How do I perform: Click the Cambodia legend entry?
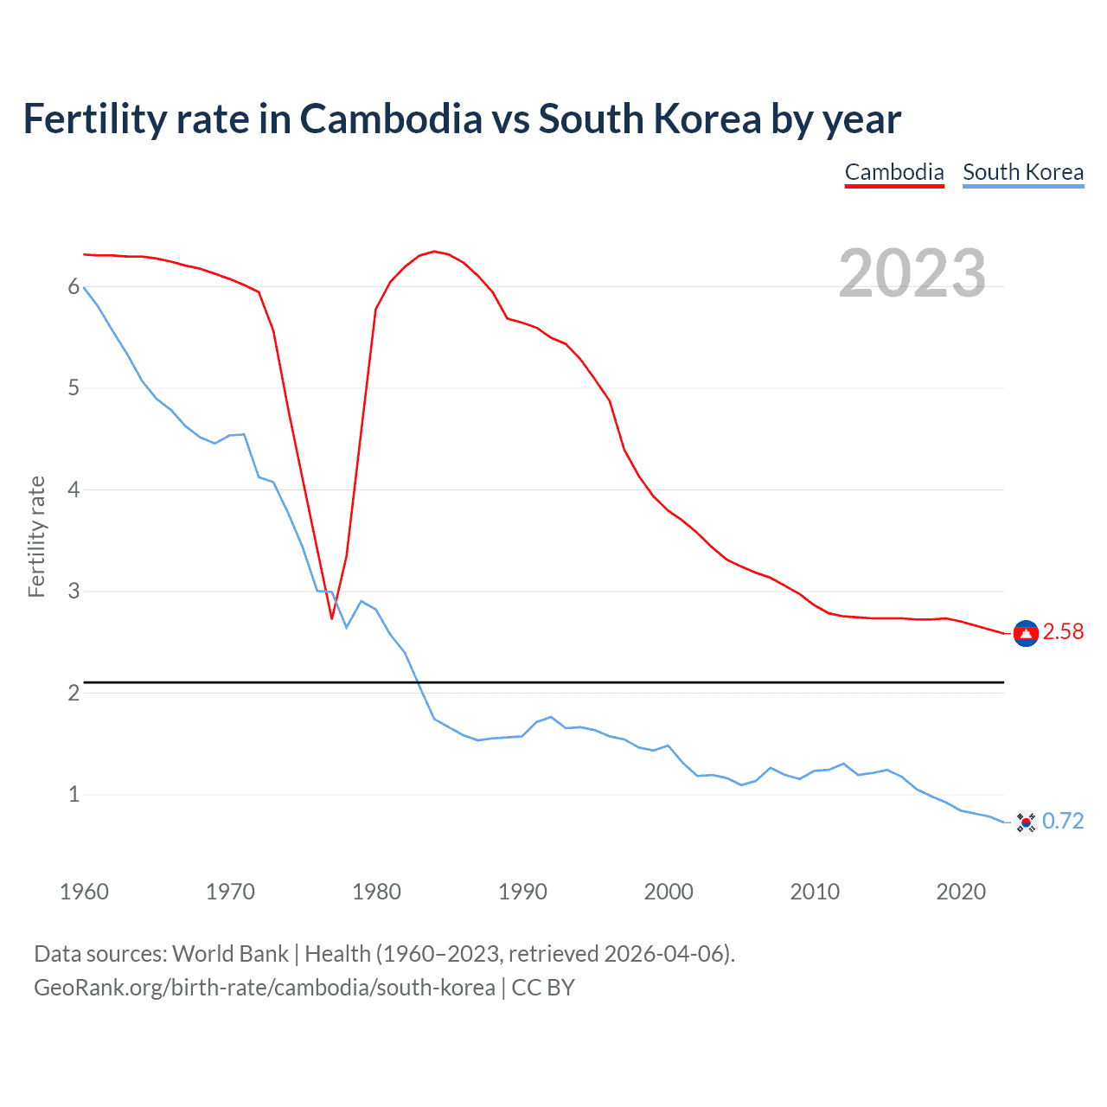(894, 172)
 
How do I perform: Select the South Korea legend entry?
(1023, 172)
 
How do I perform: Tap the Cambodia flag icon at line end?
(1026, 634)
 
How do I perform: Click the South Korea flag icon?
(1026, 822)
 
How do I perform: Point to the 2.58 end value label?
(1063, 632)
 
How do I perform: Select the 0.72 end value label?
(1063, 821)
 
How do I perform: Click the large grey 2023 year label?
(912, 273)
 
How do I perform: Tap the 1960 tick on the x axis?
(84, 892)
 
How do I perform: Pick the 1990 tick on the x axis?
(522, 892)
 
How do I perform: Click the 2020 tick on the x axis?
(961, 892)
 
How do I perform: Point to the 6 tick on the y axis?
(74, 287)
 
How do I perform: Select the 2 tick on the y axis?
(74, 693)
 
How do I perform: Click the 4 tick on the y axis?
(74, 490)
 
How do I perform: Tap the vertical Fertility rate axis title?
(36, 536)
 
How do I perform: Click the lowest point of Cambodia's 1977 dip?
(331, 618)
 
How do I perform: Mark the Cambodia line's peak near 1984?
(434, 252)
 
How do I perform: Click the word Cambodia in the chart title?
(391, 119)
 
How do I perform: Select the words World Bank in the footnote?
(230, 954)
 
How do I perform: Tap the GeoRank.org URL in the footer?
(264, 988)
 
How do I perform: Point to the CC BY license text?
(543, 988)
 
